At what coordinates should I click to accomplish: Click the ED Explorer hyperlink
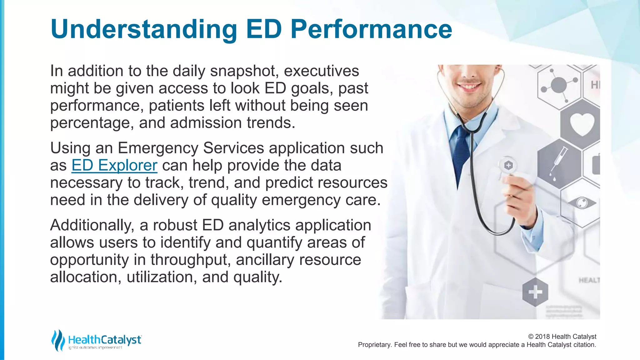click(x=114, y=165)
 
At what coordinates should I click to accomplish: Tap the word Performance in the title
click(x=371, y=29)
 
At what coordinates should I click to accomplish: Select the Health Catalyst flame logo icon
click(x=57, y=340)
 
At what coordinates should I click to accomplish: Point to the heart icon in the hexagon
click(x=581, y=124)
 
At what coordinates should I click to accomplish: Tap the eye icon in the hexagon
click(x=582, y=203)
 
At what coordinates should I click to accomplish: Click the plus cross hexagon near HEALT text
click(x=535, y=292)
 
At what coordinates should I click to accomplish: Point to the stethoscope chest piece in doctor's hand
click(x=508, y=166)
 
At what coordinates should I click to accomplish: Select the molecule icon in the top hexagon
click(x=558, y=85)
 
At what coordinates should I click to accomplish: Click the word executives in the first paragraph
click(x=321, y=71)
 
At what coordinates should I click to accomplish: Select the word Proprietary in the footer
click(x=374, y=345)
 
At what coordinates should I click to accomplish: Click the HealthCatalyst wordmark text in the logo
click(x=104, y=339)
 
